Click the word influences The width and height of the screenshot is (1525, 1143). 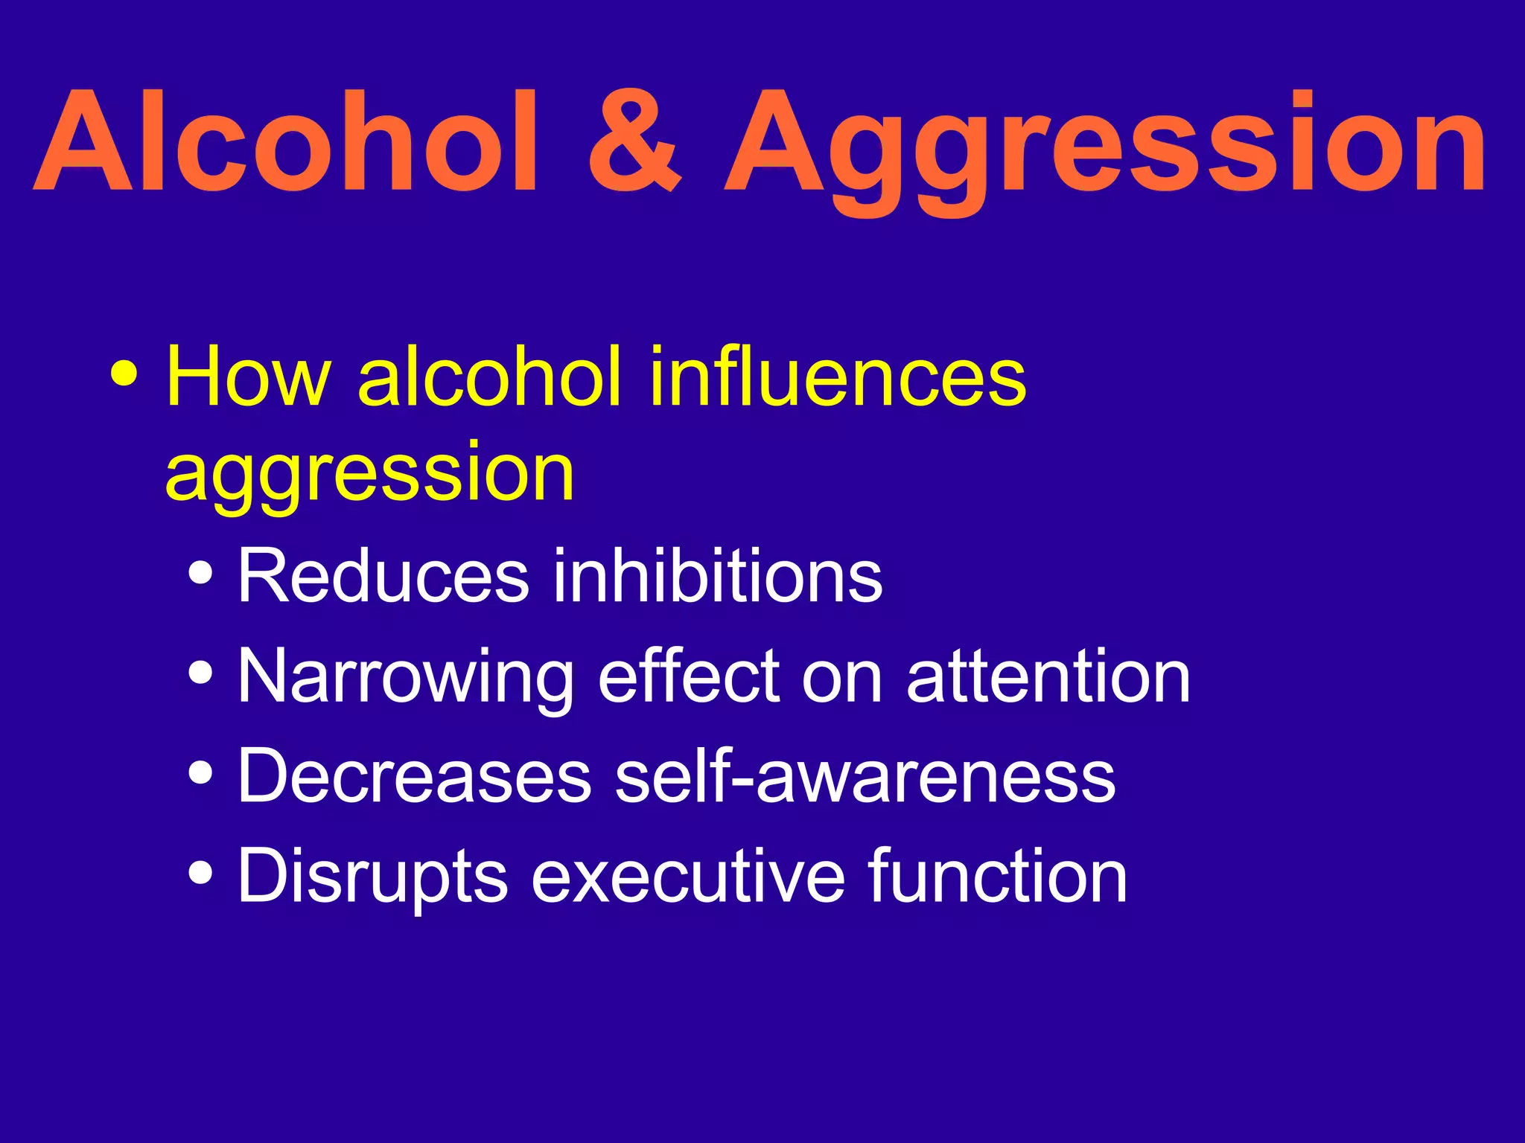(x=838, y=377)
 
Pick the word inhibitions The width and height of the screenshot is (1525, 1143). (x=717, y=576)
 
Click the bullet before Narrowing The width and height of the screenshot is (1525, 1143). (x=201, y=673)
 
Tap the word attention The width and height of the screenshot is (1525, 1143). (x=1048, y=677)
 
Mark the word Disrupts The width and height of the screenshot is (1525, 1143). (x=372, y=878)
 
